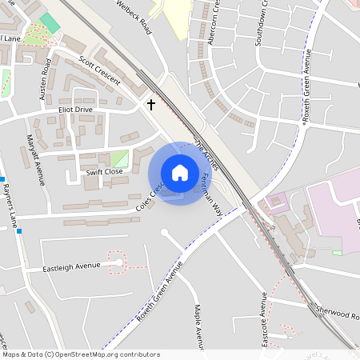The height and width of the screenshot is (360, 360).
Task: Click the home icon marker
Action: pyautogui.click(x=180, y=173)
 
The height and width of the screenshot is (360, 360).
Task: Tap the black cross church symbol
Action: pyautogui.click(x=150, y=104)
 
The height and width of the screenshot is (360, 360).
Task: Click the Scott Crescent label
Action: pyautogui.click(x=99, y=70)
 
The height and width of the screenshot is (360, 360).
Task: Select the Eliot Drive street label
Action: pyautogui.click(x=75, y=110)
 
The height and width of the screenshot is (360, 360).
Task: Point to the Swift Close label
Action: pyautogui.click(x=104, y=171)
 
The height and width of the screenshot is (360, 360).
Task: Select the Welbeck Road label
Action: pyautogui.click(x=134, y=16)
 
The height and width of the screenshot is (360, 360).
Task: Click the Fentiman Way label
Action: pyautogui.click(x=210, y=194)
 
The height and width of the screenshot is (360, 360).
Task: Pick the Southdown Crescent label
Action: pyautogui.click(x=261, y=24)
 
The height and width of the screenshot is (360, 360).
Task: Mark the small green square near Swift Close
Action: pyautogui.click(x=119, y=158)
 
